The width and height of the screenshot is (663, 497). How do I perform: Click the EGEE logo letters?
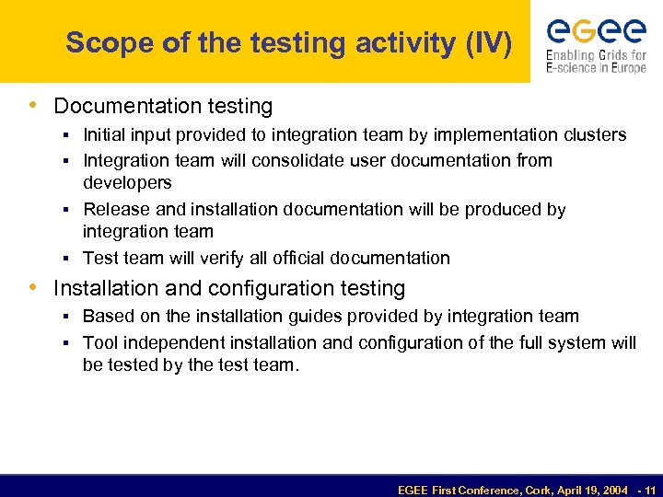click(x=596, y=32)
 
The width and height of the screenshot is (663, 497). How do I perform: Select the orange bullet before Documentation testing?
click(x=35, y=106)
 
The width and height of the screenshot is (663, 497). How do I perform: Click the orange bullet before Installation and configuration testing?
click(x=35, y=287)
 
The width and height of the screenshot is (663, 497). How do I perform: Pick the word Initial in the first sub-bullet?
click(x=103, y=135)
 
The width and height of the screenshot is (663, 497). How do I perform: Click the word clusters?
click(x=595, y=135)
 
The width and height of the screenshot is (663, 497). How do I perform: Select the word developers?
click(x=127, y=182)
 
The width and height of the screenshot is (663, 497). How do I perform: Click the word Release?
click(x=115, y=209)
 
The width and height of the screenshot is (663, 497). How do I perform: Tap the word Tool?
click(x=99, y=342)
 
